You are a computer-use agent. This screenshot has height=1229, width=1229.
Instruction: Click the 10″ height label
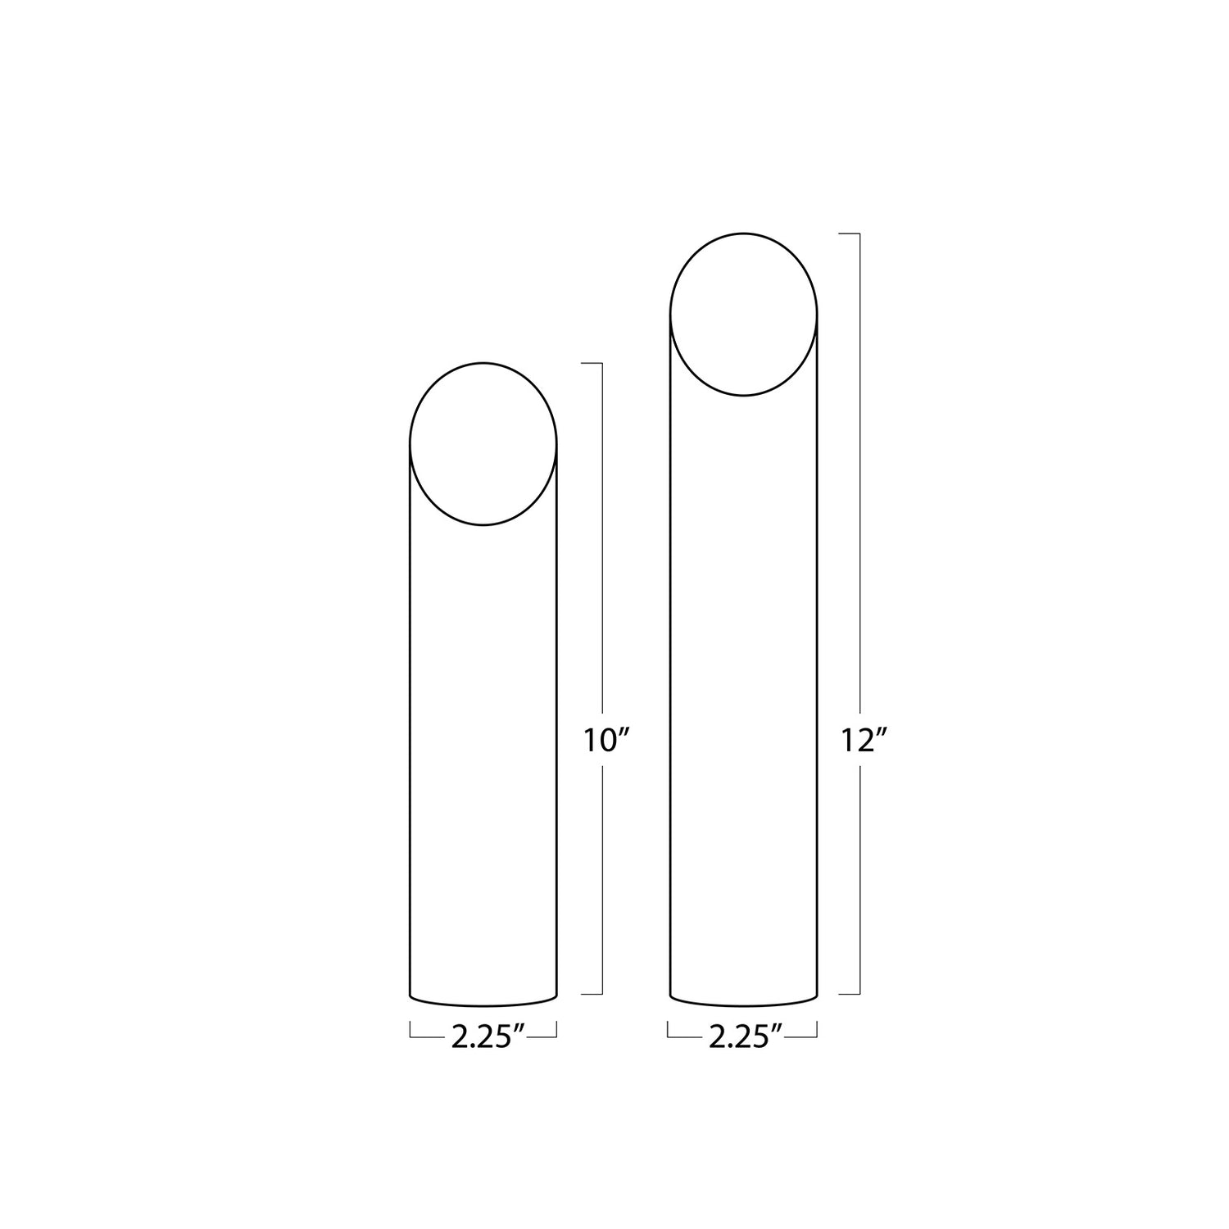coord(605,741)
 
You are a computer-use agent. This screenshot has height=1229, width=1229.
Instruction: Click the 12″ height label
coord(864,741)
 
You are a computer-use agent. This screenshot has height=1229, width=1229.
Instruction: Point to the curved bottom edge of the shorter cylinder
coord(483,1005)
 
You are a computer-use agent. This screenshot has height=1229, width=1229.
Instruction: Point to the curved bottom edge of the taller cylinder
coord(744,1005)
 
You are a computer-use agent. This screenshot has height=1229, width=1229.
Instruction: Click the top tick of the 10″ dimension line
coord(592,362)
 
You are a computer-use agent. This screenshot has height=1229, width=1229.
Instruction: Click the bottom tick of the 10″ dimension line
coord(592,994)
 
